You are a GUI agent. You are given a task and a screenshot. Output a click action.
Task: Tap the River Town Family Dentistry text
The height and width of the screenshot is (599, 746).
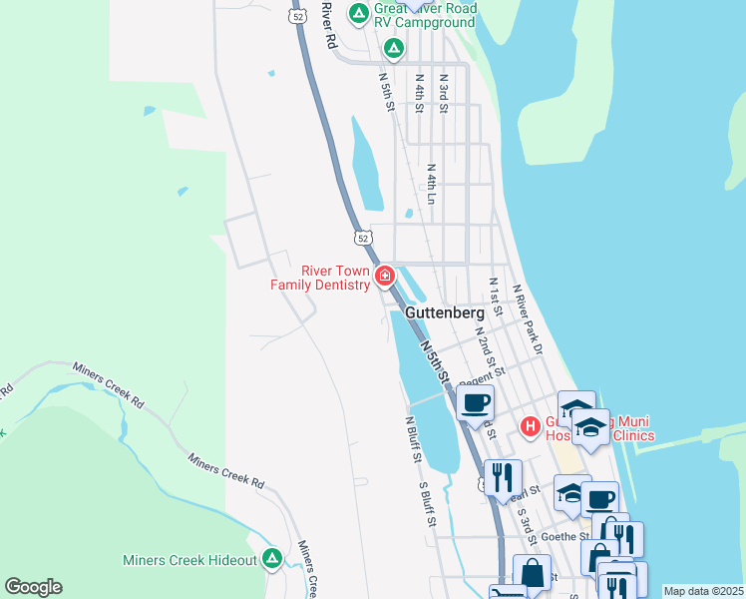320,278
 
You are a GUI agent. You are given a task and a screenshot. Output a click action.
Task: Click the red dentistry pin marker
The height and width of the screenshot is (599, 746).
385,276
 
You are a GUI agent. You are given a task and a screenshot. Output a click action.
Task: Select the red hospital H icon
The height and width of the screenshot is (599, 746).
530,427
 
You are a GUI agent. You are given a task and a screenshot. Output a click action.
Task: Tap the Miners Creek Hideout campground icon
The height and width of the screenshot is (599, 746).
271,558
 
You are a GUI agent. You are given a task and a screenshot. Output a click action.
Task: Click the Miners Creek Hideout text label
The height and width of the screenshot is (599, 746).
189,560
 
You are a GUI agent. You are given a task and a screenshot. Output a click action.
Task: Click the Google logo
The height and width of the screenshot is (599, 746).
33,586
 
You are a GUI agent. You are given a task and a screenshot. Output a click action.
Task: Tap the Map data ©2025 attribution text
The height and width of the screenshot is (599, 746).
703,591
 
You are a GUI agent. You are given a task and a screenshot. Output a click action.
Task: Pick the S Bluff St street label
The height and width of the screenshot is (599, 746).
427,506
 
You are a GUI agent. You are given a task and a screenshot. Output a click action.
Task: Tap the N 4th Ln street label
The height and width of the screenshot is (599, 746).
432,182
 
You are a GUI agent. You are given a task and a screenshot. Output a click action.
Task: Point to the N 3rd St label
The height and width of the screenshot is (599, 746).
444,91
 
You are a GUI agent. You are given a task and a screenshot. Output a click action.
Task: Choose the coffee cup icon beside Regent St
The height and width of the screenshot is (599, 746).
476,402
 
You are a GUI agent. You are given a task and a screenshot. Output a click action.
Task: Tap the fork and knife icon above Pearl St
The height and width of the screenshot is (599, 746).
503,475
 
